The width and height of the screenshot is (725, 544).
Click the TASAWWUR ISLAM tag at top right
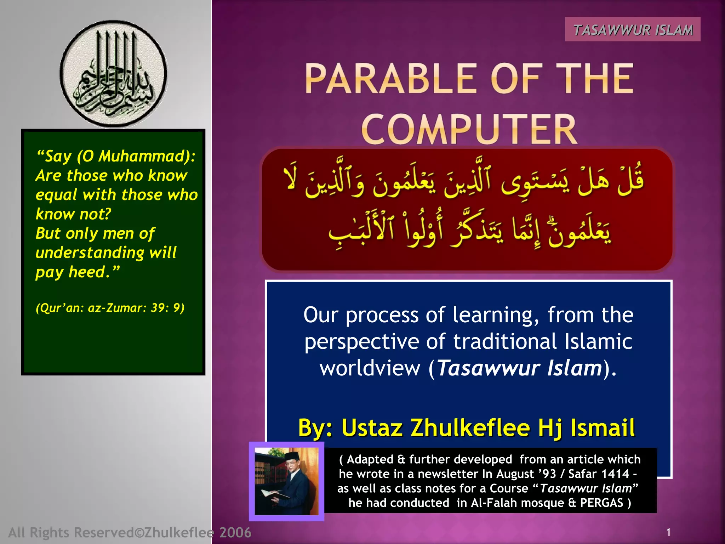coord(633,30)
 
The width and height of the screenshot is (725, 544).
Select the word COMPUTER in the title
coord(469,129)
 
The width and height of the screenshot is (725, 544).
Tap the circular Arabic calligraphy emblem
coord(113,74)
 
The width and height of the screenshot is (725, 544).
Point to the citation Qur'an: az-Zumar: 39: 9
coord(110,308)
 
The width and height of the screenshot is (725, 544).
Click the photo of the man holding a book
coord(286,481)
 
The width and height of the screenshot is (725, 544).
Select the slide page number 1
coord(668,532)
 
